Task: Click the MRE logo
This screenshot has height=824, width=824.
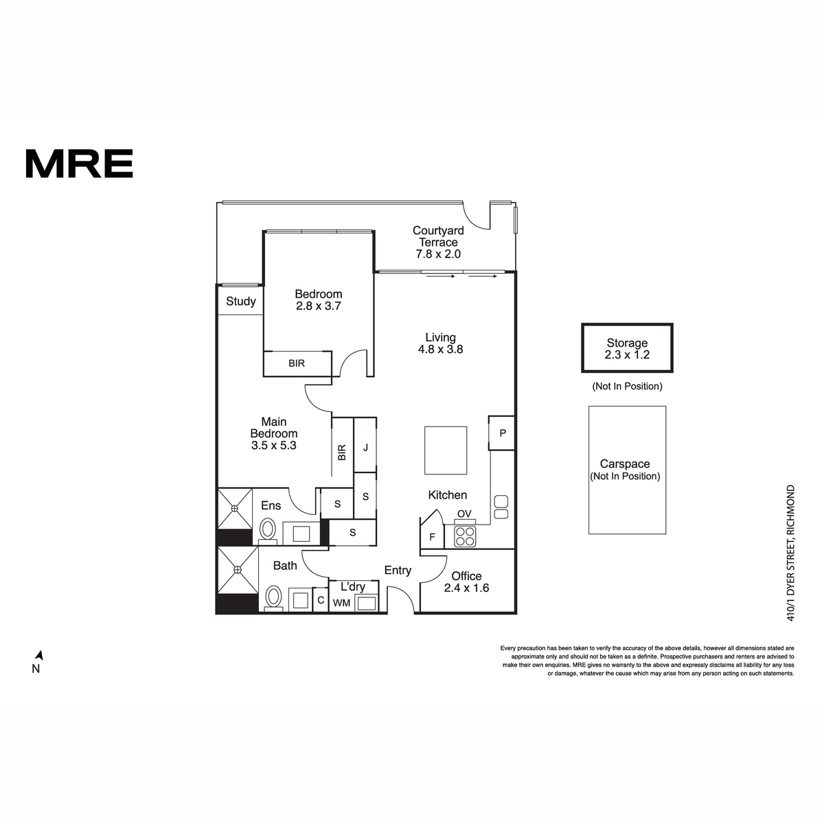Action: tap(79, 163)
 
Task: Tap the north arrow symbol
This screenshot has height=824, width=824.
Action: tap(40, 655)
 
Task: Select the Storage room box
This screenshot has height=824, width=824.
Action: tap(627, 347)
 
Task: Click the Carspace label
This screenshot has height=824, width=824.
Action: tap(625, 463)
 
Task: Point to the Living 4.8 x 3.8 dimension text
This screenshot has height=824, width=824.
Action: tap(440, 350)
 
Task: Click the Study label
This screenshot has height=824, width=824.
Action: tap(241, 301)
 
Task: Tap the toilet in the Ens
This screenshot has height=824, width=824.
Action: tap(268, 531)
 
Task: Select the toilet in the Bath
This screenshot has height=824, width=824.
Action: tap(274, 597)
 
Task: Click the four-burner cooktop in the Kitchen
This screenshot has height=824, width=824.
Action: tap(465, 537)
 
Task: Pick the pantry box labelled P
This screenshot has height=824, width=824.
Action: tap(501, 433)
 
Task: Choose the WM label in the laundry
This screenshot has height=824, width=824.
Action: tap(342, 603)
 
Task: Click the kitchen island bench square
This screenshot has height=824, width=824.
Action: tap(446, 450)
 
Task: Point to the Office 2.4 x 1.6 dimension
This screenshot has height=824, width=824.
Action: tap(466, 588)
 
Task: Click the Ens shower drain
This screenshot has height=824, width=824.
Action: tap(234, 508)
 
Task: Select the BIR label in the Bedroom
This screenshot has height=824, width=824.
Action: tap(297, 363)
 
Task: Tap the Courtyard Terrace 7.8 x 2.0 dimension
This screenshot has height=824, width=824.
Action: tap(438, 254)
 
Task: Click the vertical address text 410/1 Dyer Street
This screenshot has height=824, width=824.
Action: tap(790, 553)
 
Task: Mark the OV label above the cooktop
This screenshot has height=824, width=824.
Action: tap(464, 514)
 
